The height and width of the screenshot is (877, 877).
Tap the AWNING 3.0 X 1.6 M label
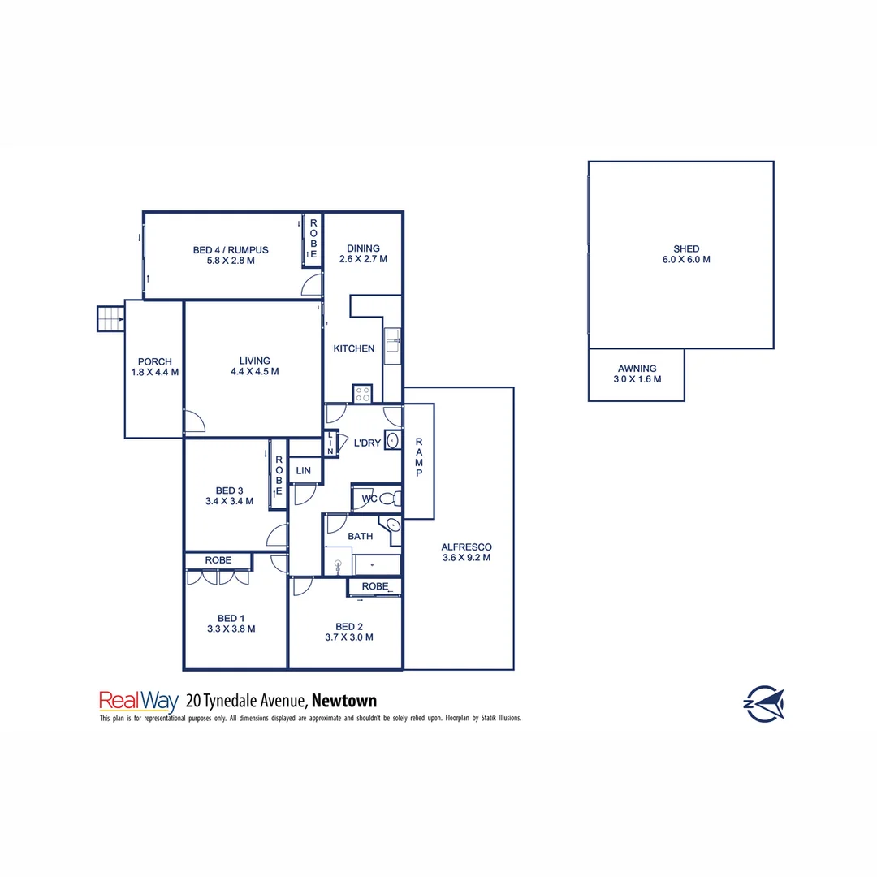pos(637,374)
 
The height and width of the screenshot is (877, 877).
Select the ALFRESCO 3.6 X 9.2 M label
pos(466,552)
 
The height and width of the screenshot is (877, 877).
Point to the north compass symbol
pos(764,703)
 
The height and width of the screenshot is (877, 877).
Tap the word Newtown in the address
pos(344,700)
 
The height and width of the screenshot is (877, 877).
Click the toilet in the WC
pos(388,498)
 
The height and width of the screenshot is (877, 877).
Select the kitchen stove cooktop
pos(362,394)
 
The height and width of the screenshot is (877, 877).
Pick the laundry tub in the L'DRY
pos(392,441)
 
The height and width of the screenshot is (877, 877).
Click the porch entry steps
pos(110,318)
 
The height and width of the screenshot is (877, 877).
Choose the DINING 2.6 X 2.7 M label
pos(363,254)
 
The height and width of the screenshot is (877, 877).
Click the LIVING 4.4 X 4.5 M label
pos(254,366)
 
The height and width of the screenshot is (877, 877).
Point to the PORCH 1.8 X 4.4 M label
pos(154,367)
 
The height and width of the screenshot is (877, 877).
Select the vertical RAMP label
pos(419,457)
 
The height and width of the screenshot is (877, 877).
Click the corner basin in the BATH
pos(393,525)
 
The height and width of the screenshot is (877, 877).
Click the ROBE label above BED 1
pos(218,560)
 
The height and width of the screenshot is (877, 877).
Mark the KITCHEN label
pos(354,348)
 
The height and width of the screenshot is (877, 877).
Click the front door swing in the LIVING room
pos(193,421)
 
